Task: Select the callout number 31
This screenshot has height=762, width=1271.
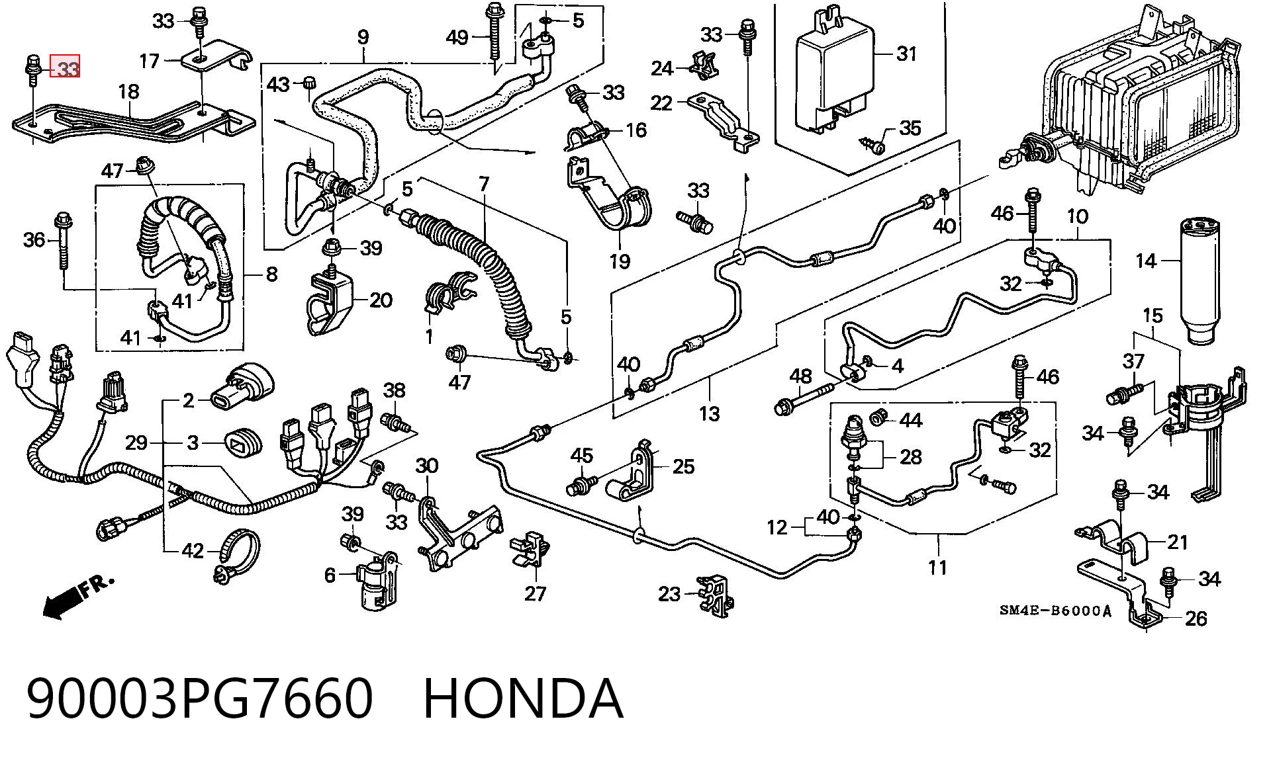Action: [906, 54]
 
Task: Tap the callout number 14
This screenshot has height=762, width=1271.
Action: [1147, 261]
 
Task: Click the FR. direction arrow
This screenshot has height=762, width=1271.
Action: [77, 597]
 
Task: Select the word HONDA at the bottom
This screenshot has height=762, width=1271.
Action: [523, 698]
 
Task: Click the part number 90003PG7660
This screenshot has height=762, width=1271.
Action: [200, 698]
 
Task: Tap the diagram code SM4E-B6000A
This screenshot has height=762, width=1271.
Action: [1055, 611]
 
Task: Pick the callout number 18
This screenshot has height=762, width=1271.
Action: [128, 92]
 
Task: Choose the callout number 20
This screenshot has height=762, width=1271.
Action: [381, 300]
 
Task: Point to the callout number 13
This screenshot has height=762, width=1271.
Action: [709, 414]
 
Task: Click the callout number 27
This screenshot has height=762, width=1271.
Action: [535, 593]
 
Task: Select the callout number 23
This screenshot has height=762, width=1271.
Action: [669, 593]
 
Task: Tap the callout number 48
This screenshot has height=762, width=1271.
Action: [800, 376]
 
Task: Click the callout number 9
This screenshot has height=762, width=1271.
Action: [363, 37]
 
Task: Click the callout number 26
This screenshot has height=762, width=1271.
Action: [1196, 618]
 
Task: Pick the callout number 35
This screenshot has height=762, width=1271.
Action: [910, 128]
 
